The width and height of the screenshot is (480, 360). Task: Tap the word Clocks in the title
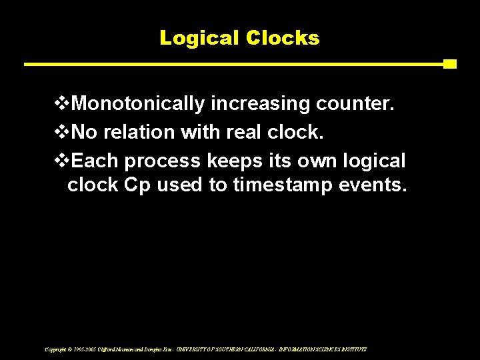tap(283, 38)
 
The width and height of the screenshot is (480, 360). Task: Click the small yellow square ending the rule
tap(450, 64)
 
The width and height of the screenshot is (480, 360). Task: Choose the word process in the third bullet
tap(163, 161)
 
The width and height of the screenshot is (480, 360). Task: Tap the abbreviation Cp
tap(137, 185)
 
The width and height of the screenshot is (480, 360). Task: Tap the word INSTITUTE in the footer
tap(352, 349)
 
